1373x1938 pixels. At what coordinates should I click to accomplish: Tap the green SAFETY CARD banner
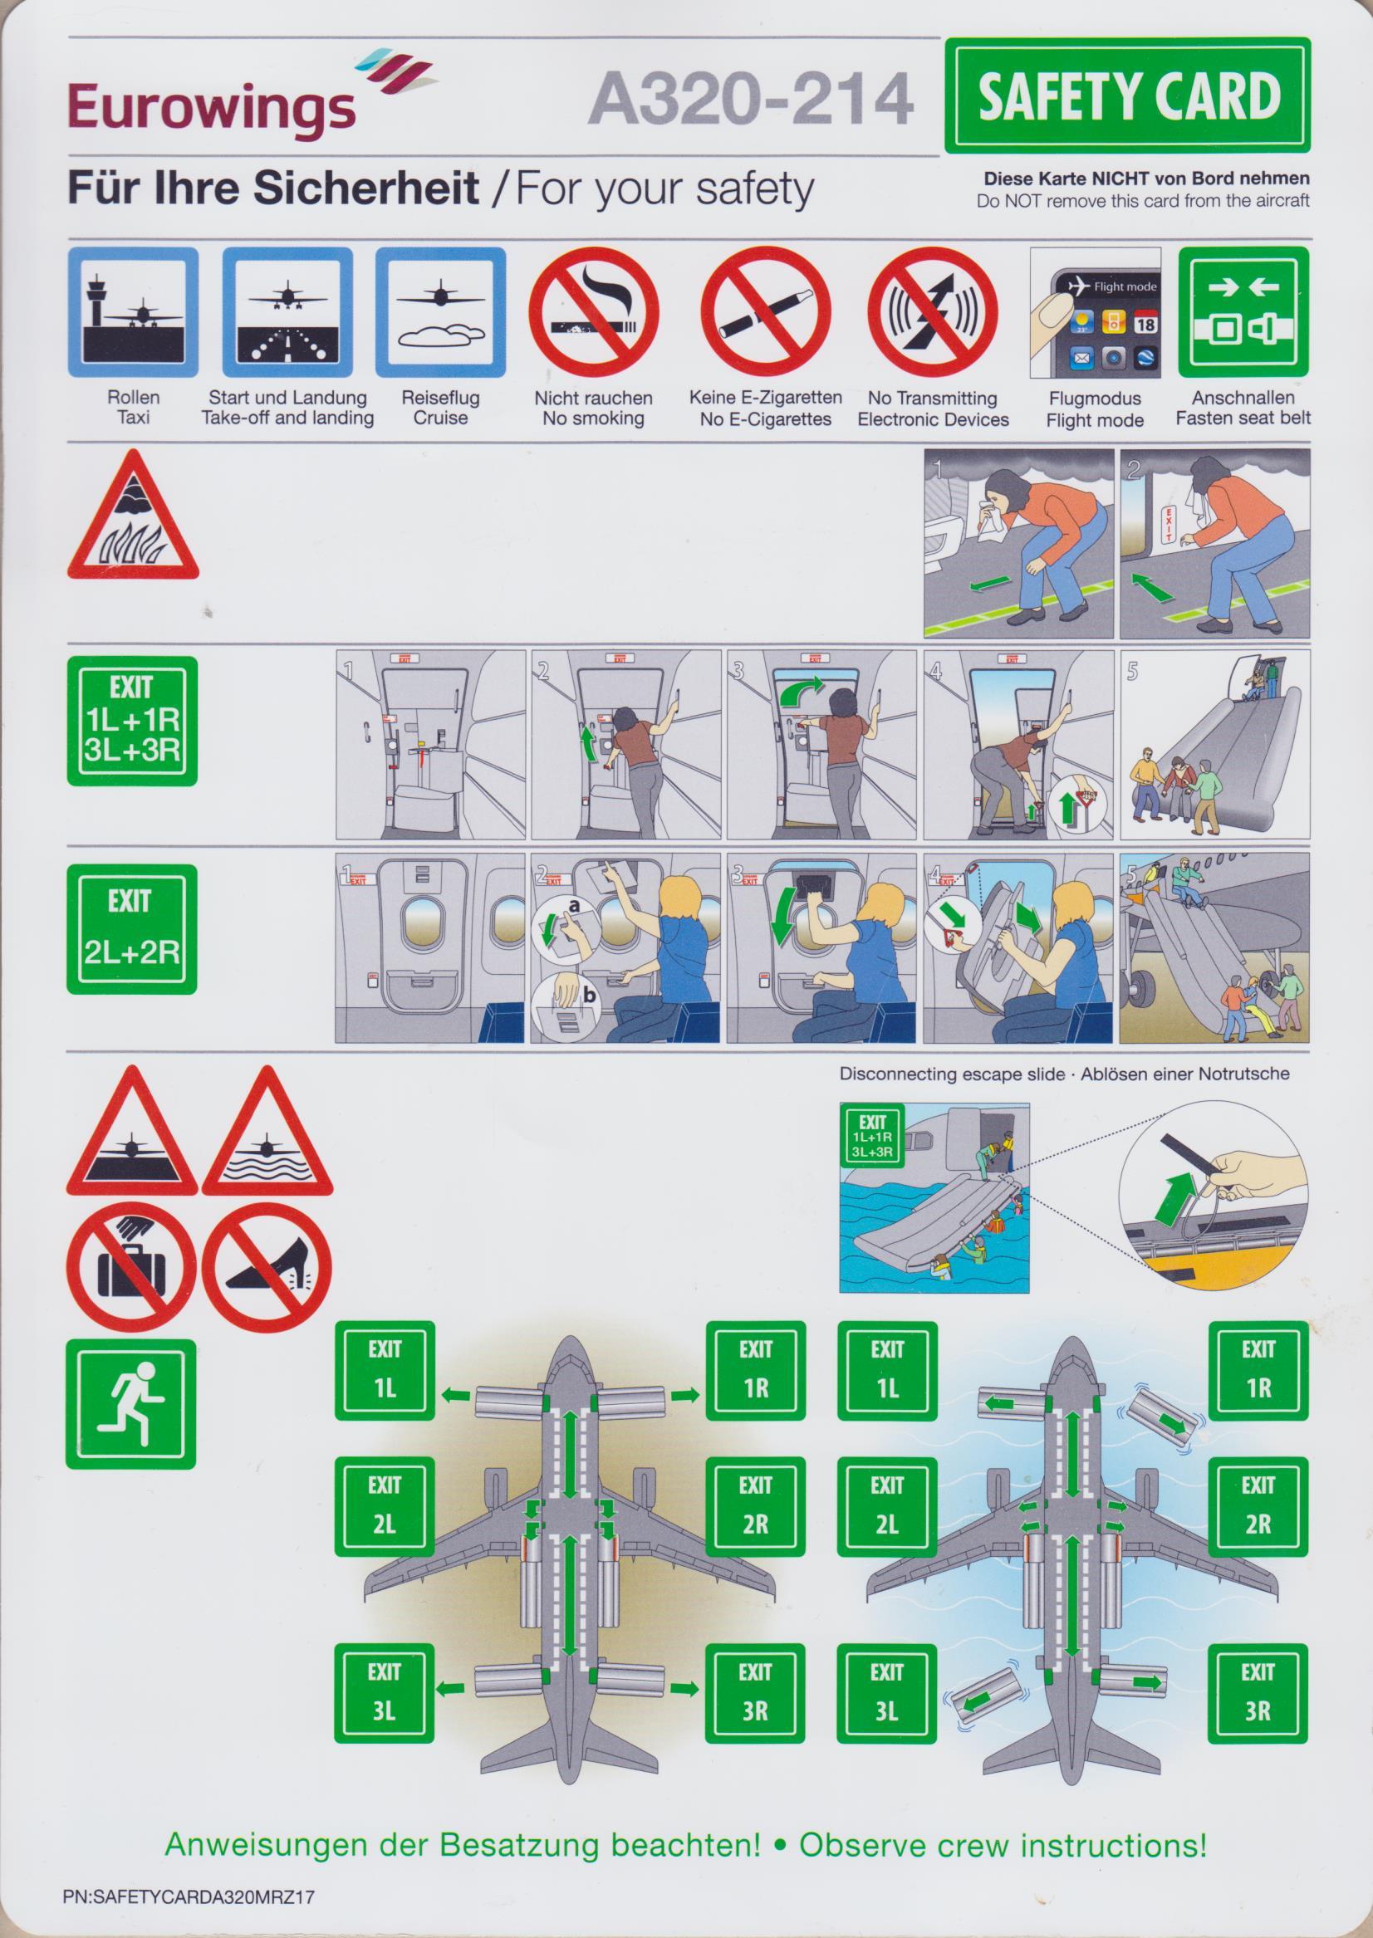(1128, 95)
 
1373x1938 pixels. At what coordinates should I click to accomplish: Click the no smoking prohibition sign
(593, 312)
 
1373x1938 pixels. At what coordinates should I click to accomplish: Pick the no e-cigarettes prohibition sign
(765, 312)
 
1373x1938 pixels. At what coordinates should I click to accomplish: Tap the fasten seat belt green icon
(1243, 312)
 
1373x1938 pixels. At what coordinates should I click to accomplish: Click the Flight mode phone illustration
(1095, 313)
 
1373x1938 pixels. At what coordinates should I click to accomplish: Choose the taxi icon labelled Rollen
(133, 312)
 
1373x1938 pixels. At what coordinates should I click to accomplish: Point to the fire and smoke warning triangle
(133, 515)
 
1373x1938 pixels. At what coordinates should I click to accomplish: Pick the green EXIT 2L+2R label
(132, 929)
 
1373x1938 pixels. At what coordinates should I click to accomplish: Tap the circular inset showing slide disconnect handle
(1214, 1199)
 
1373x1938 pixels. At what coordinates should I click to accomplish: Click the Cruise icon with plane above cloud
(440, 312)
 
